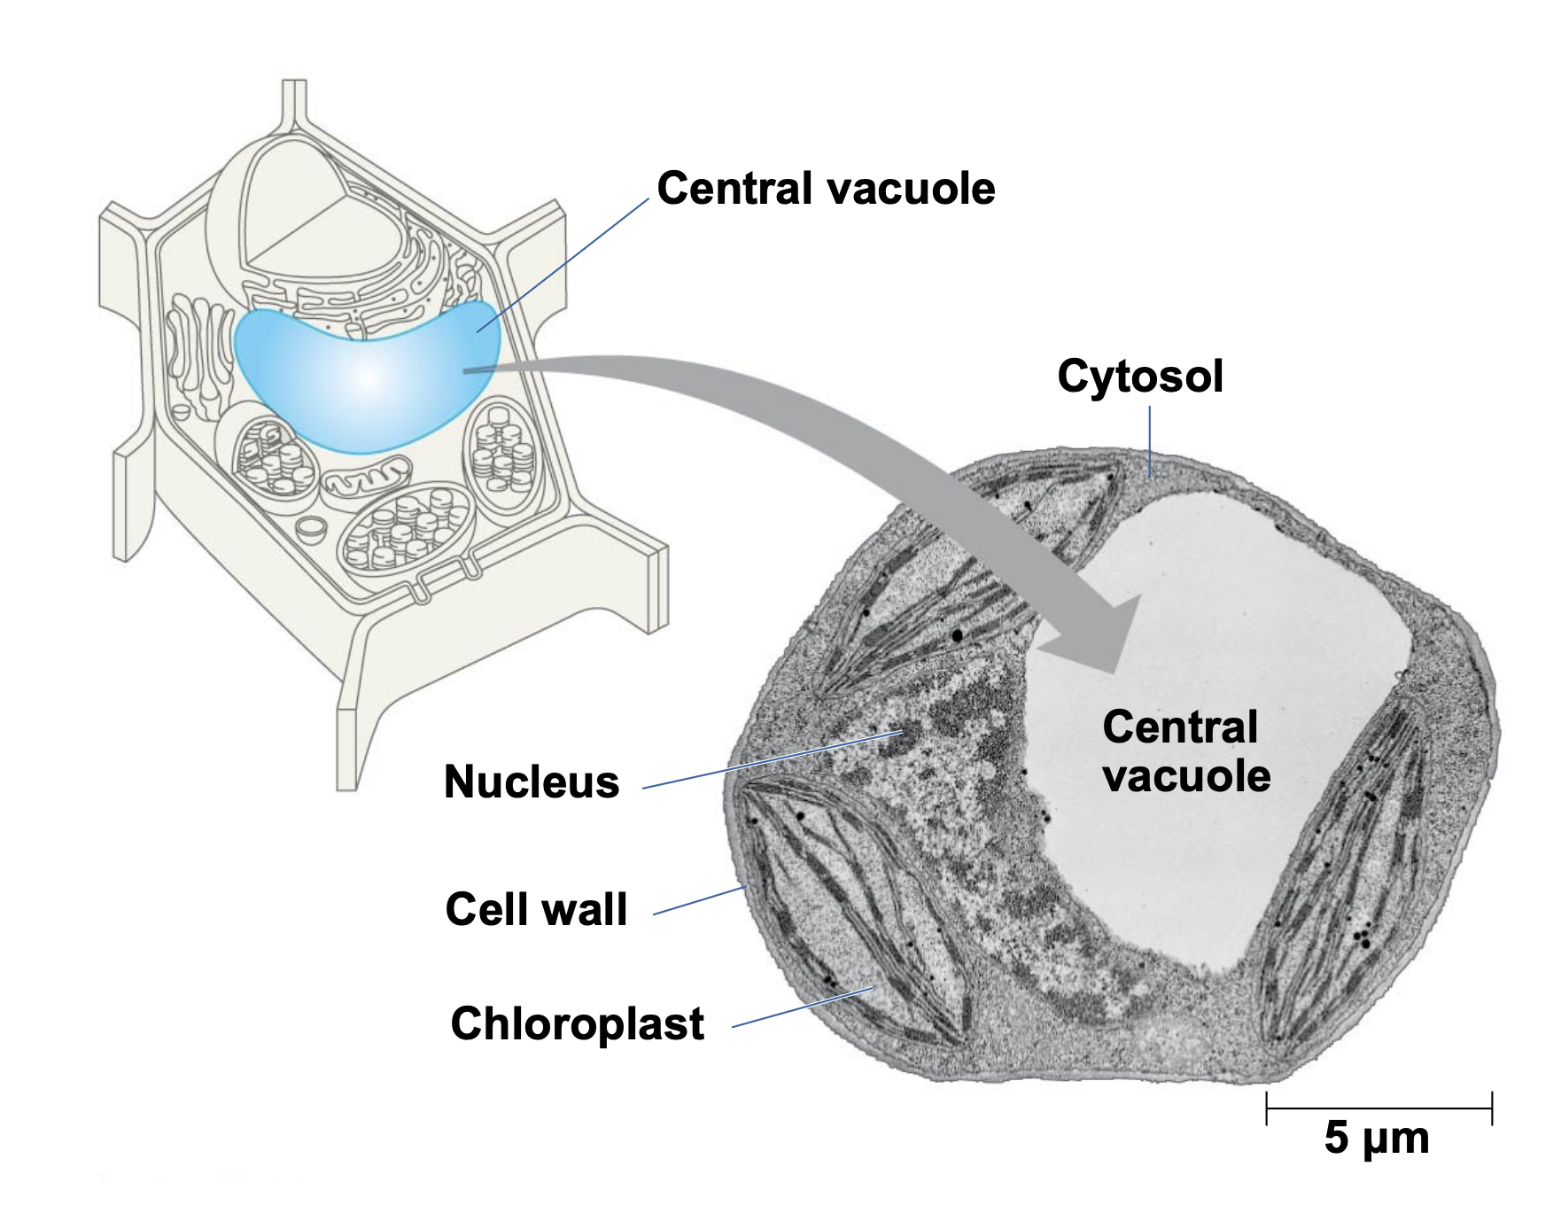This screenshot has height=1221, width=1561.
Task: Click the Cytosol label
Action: [1140, 377]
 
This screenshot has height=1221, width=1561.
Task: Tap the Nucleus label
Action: [532, 782]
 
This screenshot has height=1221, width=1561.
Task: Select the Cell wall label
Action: [536, 909]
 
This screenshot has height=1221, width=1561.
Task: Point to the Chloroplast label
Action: [577, 1023]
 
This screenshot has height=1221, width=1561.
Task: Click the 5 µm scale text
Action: [1377, 1138]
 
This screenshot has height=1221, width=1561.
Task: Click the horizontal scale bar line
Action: [1379, 1108]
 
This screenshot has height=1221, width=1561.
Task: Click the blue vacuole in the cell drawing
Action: [363, 377]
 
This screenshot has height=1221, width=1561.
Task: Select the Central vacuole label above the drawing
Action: [826, 189]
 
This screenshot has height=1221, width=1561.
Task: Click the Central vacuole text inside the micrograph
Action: [1185, 751]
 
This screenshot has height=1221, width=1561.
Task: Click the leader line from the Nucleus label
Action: [771, 760]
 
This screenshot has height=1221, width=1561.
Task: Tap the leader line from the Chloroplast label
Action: [802, 1007]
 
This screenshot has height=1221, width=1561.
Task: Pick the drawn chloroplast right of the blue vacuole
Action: [502, 454]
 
